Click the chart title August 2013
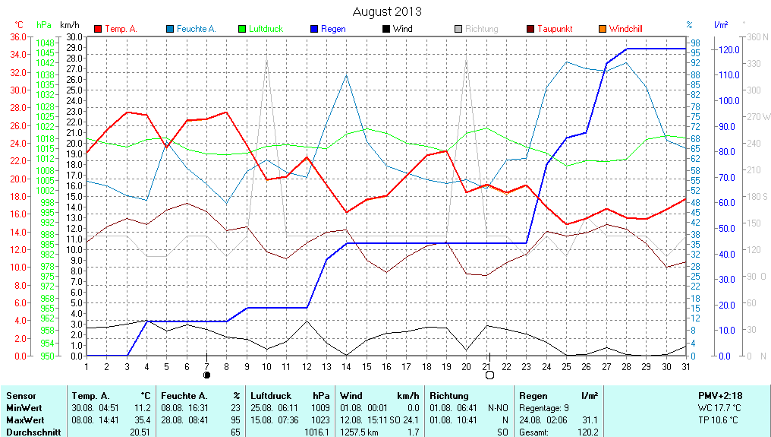pos(387,11)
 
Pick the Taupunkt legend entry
pos(555,29)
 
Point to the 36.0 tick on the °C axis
pos(18,36)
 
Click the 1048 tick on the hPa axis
pos(45,43)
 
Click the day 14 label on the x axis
pos(346,366)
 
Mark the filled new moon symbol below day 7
pos(206,375)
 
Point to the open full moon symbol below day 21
pos(489,375)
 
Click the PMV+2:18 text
pos(722,396)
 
